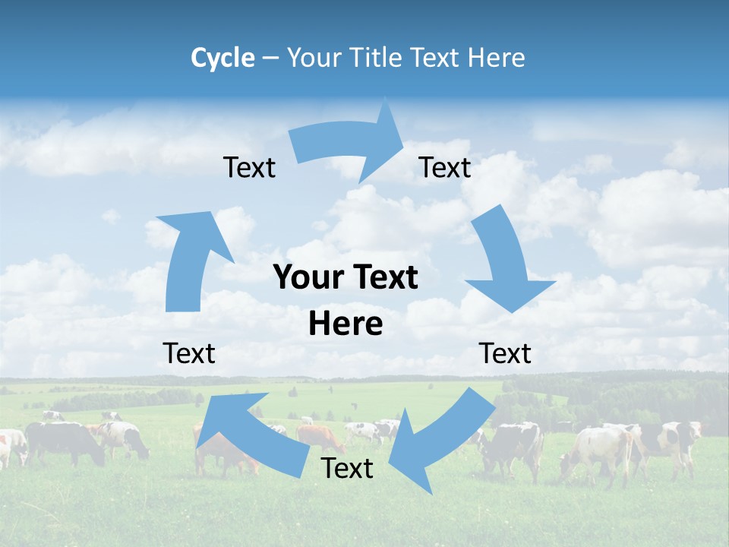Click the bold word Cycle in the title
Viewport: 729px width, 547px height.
222,58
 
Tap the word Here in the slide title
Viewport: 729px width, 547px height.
497,58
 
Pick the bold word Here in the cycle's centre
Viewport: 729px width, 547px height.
346,324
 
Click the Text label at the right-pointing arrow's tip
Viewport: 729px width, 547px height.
445,168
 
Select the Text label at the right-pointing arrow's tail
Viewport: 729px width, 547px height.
249,168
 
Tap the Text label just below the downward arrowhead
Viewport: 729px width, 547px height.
505,353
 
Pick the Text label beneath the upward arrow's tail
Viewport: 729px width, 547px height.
189,353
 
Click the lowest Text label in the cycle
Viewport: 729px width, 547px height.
347,469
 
